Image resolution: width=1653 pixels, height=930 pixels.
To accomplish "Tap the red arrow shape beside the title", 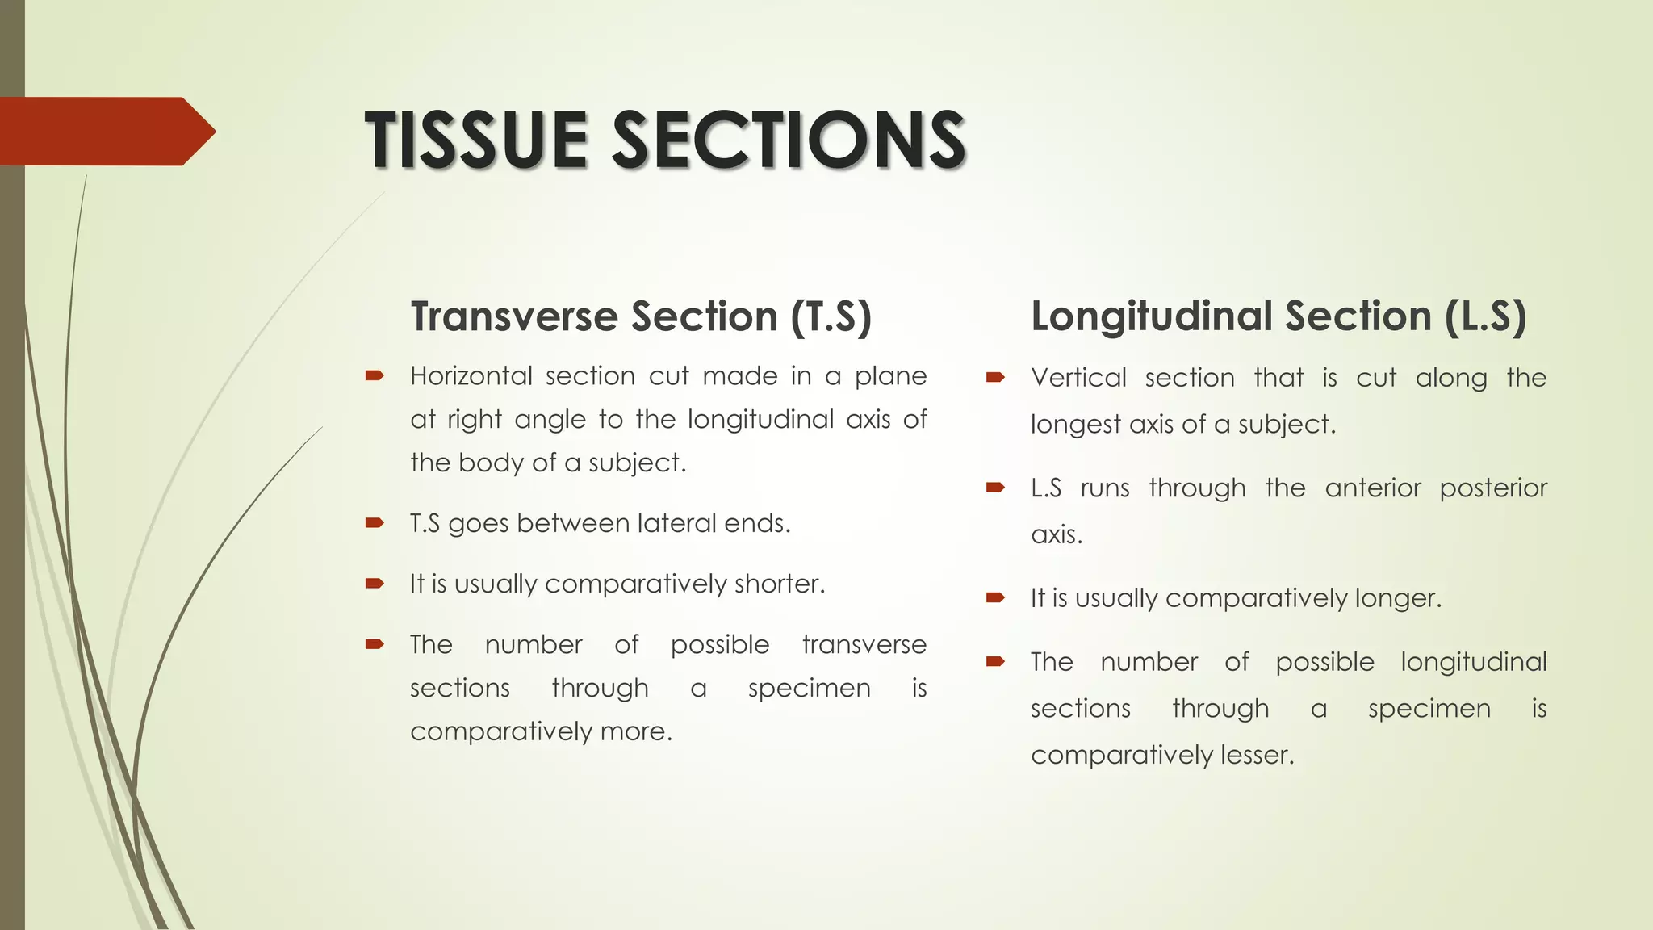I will pyautogui.click(x=105, y=132).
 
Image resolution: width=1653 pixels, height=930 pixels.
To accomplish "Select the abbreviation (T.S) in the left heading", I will pyautogui.click(x=831, y=316).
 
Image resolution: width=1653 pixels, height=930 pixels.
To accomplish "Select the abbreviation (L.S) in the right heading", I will pyautogui.click(x=1485, y=316).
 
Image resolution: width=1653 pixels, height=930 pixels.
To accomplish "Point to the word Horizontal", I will pyautogui.click(x=471, y=376).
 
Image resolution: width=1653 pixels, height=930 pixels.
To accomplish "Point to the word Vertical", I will pyautogui.click(x=1078, y=378).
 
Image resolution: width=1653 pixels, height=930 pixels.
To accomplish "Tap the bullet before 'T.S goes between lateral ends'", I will pyautogui.click(x=374, y=523).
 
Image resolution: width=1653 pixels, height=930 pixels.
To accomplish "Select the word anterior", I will pyautogui.click(x=1373, y=488).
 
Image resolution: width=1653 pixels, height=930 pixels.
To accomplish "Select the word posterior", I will pyautogui.click(x=1493, y=488).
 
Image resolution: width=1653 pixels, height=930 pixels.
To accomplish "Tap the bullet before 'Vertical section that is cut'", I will pyautogui.click(x=995, y=377).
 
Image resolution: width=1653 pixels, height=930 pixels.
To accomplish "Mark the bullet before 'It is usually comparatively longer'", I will pyautogui.click(x=995, y=598).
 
